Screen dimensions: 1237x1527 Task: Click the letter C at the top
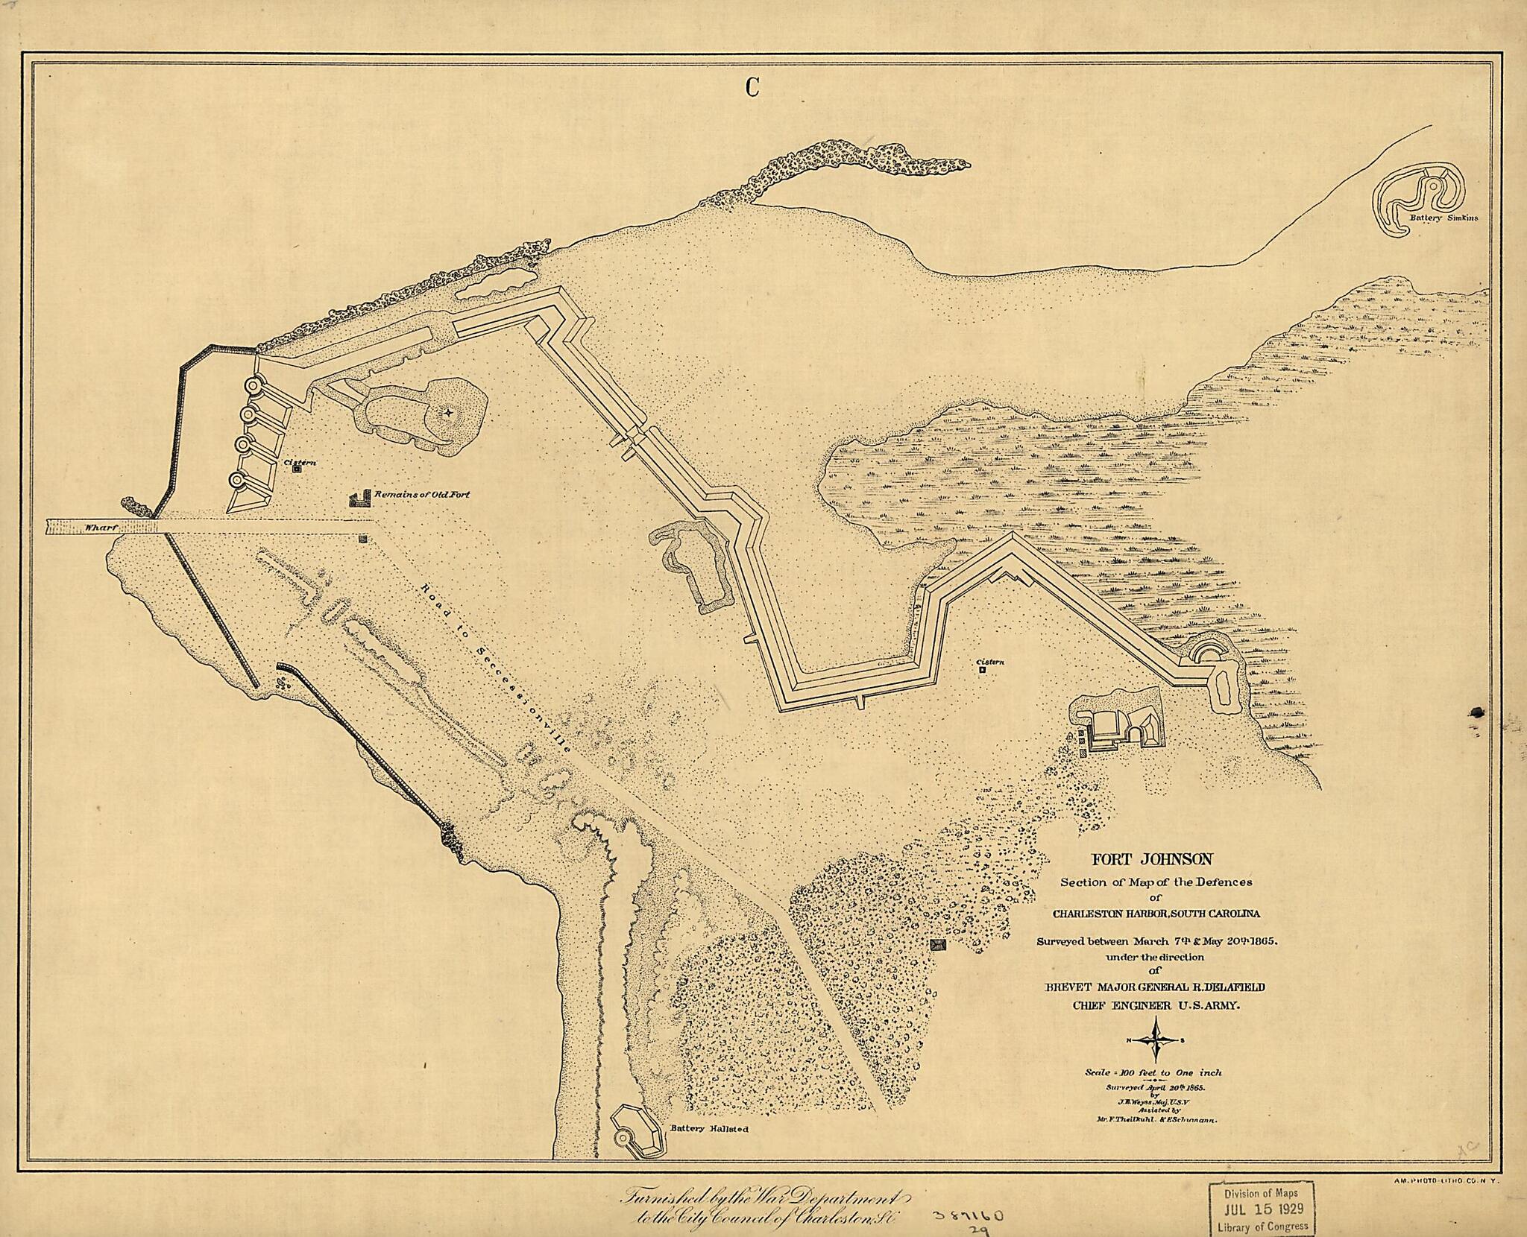pyautogui.click(x=752, y=88)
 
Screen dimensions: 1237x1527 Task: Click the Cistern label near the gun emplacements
pyautogui.click(x=300, y=463)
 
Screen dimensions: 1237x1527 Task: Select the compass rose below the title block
pyautogui.click(x=1156, y=1041)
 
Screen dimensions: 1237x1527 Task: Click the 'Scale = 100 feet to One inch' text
pyautogui.click(x=1153, y=1073)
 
